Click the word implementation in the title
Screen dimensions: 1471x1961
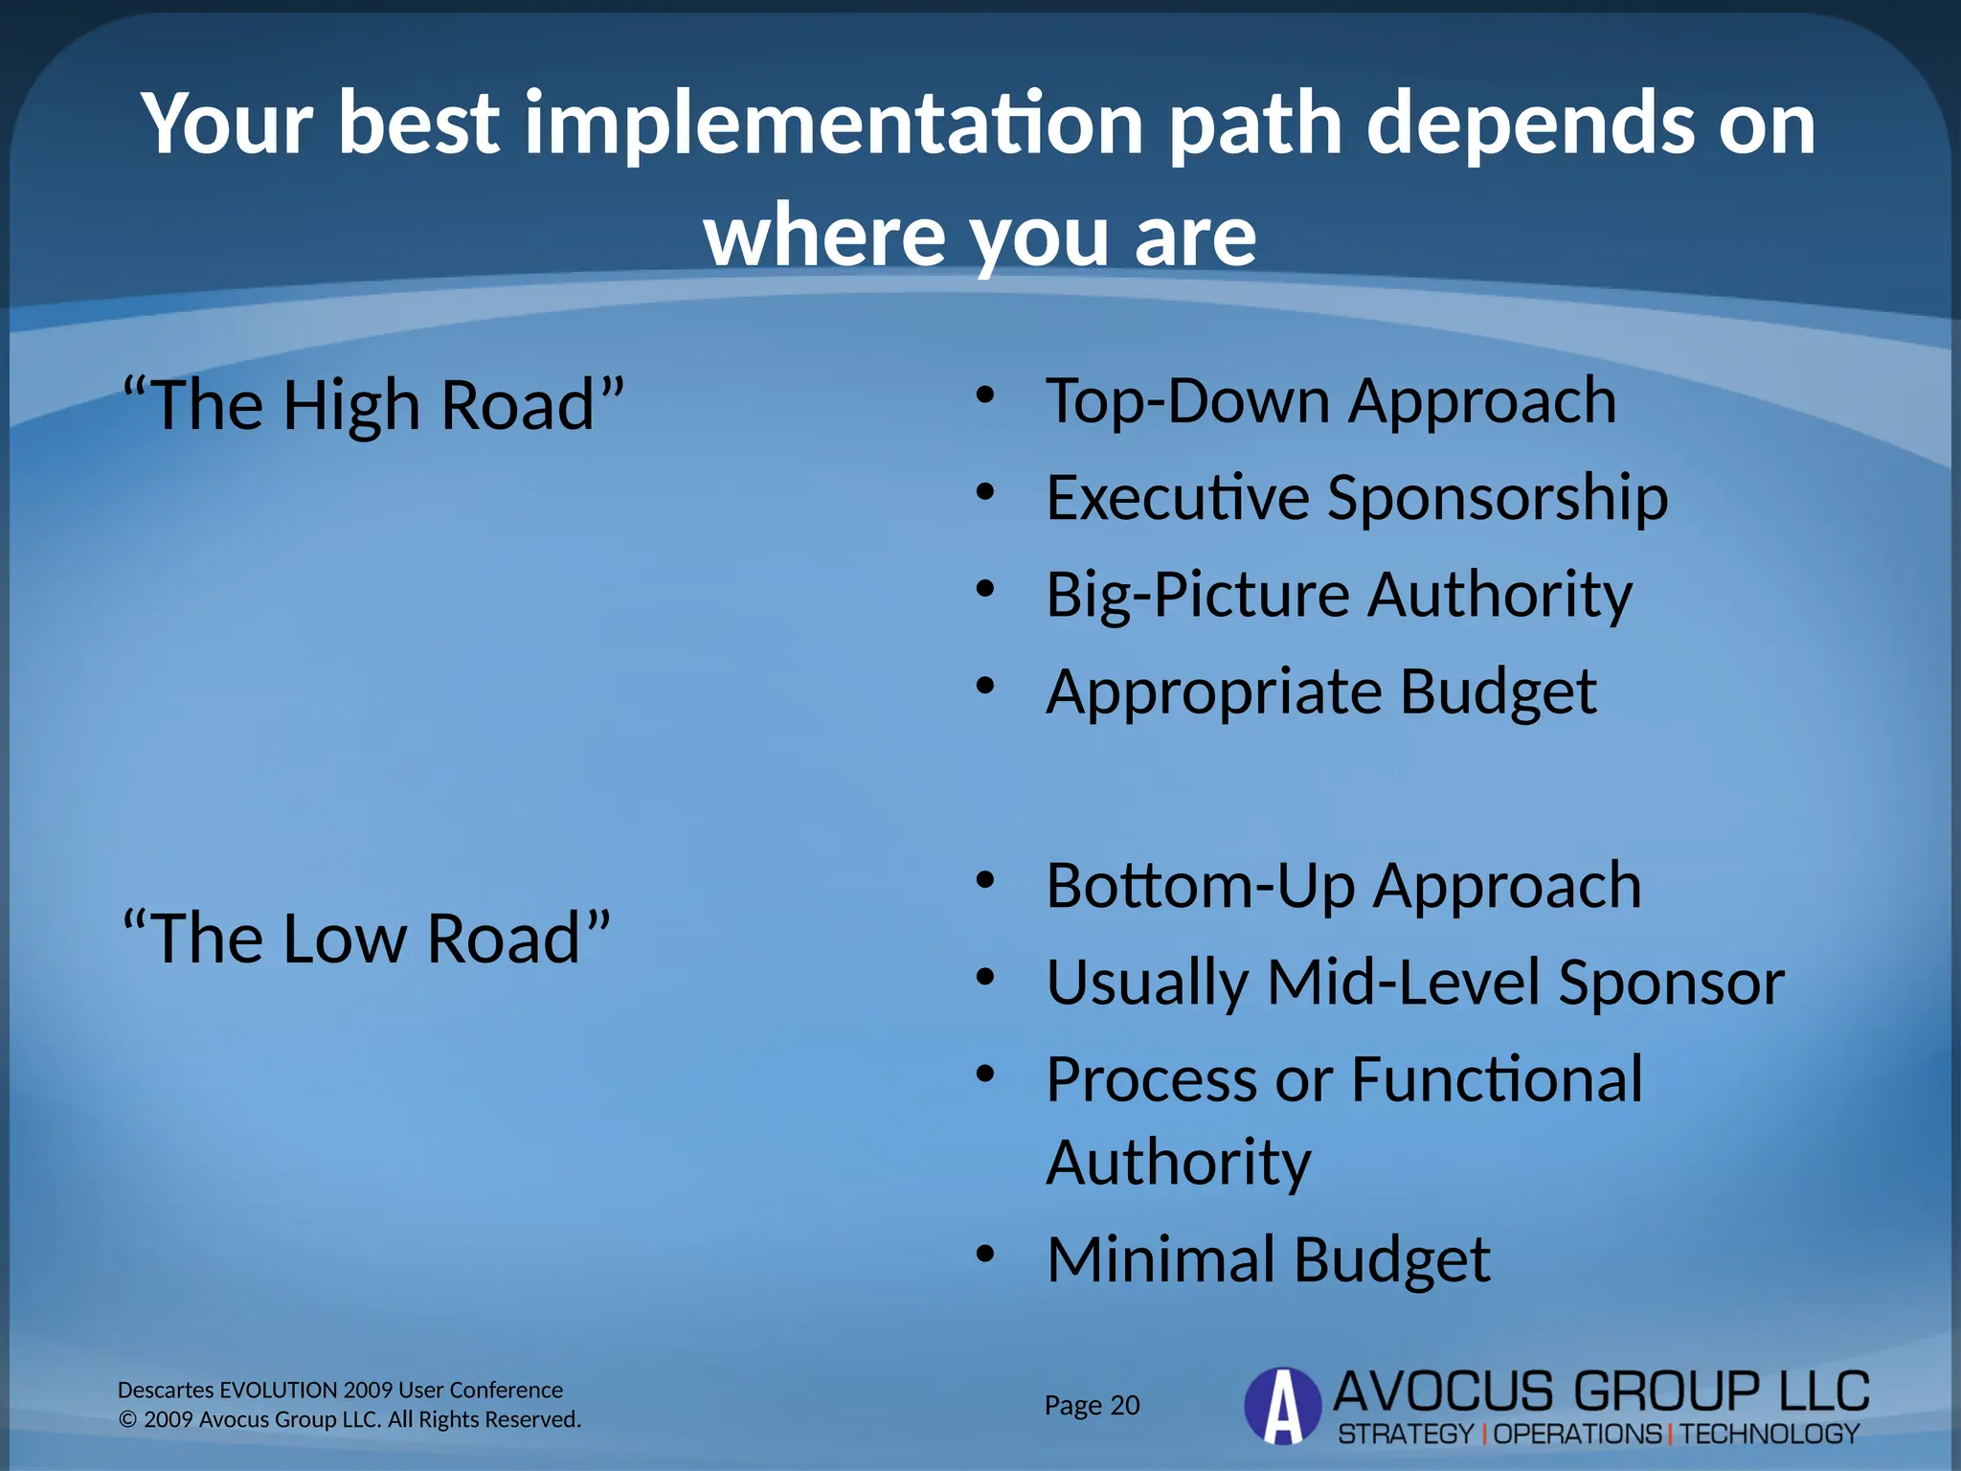[x=833, y=124]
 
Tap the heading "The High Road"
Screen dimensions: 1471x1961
[x=373, y=405]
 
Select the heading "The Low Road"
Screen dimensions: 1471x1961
[x=367, y=938]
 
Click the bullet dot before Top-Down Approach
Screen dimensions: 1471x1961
[x=985, y=395]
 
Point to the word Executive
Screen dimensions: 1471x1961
[x=1177, y=498]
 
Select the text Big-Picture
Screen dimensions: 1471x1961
[x=1197, y=596]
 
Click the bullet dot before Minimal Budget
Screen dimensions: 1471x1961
[x=985, y=1254]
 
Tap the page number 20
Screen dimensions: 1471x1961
[x=1124, y=1406]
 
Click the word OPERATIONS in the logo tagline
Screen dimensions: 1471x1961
[x=1577, y=1435]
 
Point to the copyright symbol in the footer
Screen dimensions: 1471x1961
[x=127, y=1419]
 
